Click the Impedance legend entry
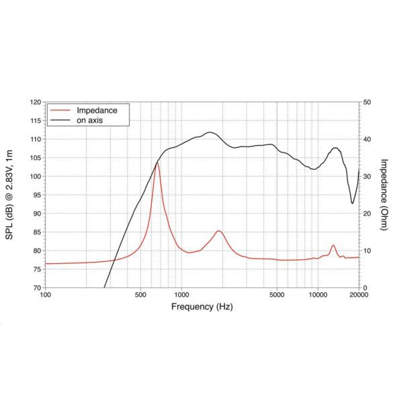pos(97,110)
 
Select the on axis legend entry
pos(93,120)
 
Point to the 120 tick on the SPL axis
pos(35,102)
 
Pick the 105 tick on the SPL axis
pos(35,158)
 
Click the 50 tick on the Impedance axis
pos(367,102)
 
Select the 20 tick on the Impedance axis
pos(367,214)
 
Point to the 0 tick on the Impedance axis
pos(365,287)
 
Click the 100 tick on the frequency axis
pos(45,295)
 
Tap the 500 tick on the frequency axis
pos(140,295)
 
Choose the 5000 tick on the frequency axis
pos(277,295)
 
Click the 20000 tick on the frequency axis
pos(359,295)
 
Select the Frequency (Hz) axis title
pos(201,307)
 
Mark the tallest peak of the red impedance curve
pos(157,163)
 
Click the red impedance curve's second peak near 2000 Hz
pos(219,231)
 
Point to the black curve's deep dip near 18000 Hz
pos(352,203)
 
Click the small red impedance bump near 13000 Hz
pos(333,246)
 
